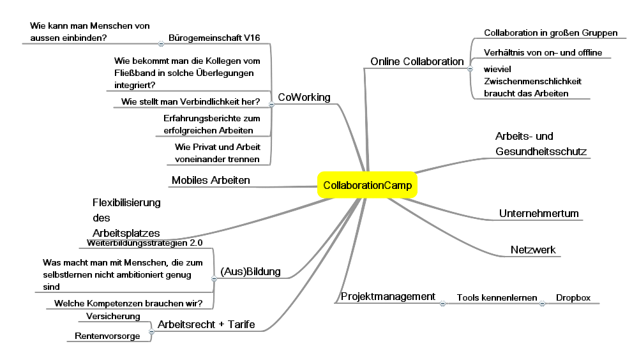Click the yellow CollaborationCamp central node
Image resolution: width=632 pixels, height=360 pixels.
pyautogui.click(x=368, y=186)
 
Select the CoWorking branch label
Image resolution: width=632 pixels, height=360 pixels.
pyautogui.click(x=304, y=97)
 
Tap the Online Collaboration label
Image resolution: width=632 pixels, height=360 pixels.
pyautogui.click(x=417, y=62)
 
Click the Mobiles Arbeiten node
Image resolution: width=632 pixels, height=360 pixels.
pyautogui.click(x=211, y=181)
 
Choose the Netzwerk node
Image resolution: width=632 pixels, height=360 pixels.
pyautogui.click(x=533, y=250)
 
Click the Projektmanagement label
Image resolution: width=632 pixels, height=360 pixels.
pyautogui.click(x=387, y=297)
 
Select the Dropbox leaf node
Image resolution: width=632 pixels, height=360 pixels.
pyautogui.click(x=573, y=297)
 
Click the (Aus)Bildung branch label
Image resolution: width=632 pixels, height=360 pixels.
pyautogui.click(x=250, y=271)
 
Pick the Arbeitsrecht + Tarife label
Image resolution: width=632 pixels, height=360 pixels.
pyautogui.click(x=206, y=325)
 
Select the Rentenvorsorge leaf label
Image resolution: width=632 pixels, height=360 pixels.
pyautogui.click(x=107, y=336)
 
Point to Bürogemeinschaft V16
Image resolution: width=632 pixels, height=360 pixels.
pyautogui.click(x=214, y=38)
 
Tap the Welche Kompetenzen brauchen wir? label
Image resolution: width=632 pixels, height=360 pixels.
pyautogui.click(x=128, y=303)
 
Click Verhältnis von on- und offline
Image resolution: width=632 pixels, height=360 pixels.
pyautogui.click(x=543, y=52)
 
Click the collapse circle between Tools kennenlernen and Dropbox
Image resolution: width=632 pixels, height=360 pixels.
pyautogui.click(x=543, y=304)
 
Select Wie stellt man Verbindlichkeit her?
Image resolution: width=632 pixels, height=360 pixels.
pyautogui.click(x=190, y=101)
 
